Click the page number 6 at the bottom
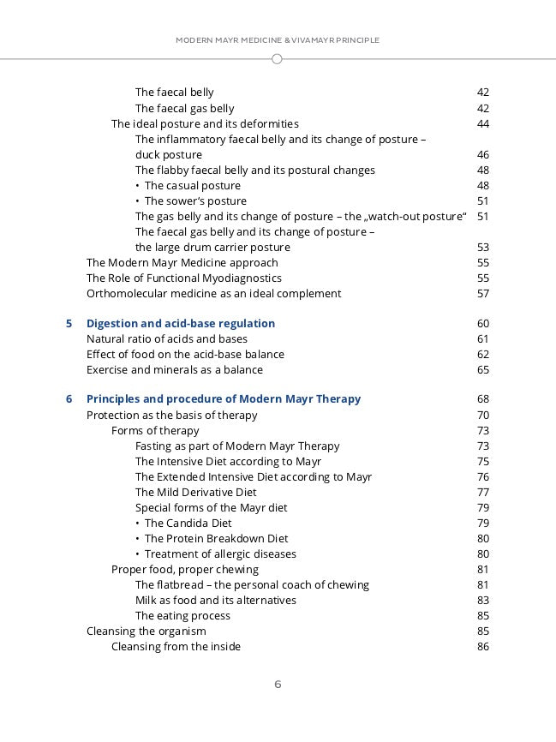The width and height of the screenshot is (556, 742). coord(278,685)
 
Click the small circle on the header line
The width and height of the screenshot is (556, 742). coord(277,59)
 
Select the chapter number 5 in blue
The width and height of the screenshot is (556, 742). coord(69,324)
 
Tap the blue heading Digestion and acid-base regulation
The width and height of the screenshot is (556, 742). coord(181,324)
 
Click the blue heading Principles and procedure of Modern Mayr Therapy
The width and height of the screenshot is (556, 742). coord(224,399)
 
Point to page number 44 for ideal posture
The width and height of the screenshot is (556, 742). coord(482,124)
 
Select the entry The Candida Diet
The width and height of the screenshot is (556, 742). coord(188,524)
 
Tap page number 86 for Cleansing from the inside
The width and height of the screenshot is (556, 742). coord(482,647)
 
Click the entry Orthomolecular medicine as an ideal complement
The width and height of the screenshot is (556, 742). coord(213,294)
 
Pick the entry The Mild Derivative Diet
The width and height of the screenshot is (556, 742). coord(195,493)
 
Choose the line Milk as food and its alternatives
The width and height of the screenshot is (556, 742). coord(215,601)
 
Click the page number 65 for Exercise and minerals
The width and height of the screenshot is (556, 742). coord(482,370)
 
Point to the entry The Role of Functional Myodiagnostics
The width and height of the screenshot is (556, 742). coord(183,278)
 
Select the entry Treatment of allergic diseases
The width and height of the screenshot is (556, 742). coord(220,554)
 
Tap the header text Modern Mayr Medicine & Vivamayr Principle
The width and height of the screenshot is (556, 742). coord(278,40)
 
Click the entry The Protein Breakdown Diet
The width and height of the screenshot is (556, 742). coord(216,539)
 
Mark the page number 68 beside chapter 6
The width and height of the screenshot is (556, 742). coord(482,399)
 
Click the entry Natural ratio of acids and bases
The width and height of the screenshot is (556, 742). coord(166,339)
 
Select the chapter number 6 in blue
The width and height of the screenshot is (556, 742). coord(69,399)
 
